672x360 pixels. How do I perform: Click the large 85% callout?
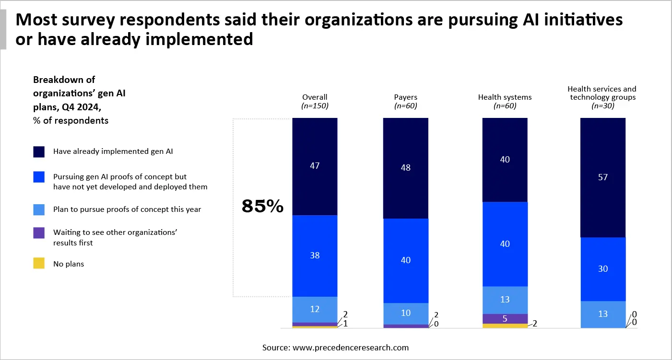tap(262, 207)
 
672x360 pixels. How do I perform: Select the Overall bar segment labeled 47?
tap(315, 166)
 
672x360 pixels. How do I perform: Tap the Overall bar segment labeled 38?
tap(315, 255)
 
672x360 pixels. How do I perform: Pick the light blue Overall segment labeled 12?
tap(315, 309)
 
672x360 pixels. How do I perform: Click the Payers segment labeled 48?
tap(405, 168)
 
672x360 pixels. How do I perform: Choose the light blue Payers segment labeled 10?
tap(405, 313)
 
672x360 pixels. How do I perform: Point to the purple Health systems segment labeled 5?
tap(505, 319)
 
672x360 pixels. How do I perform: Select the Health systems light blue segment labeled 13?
tap(505, 300)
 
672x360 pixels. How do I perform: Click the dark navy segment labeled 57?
tap(603, 177)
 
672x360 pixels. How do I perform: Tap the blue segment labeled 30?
tap(603, 269)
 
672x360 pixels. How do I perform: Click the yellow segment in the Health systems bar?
tap(505, 326)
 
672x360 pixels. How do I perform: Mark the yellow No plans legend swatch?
tap(39, 263)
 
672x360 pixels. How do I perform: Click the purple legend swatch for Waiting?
tap(39, 232)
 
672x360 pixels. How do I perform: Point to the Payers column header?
tap(405, 97)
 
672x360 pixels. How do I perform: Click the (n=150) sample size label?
tap(315, 106)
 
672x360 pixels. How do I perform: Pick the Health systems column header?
tap(505, 97)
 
